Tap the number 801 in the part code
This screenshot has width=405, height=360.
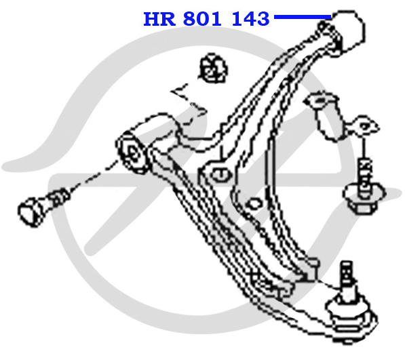[x=202, y=19]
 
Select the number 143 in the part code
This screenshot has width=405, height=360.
[x=250, y=19]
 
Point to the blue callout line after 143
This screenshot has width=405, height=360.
[x=303, y=17]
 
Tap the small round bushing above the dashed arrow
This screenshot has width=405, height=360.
[x=213, y=68]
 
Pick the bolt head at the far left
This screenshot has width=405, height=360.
[x=31, y=211]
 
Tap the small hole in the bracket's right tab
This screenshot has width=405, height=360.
[x=364, y=127]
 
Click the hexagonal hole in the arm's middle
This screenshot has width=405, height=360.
[x=253, y=204]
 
